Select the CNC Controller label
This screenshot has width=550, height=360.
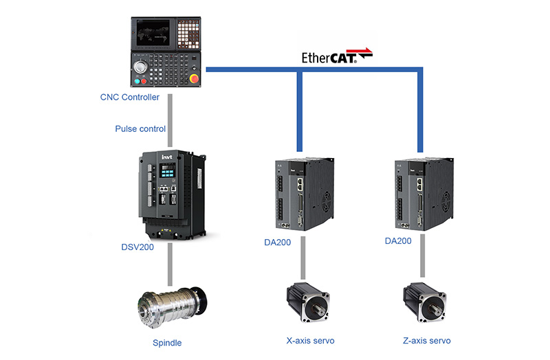pos(130,98)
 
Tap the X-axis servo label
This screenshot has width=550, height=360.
pos(310,341)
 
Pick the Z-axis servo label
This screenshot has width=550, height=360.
pos(427,341)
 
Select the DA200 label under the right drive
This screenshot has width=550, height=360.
pos(398,241)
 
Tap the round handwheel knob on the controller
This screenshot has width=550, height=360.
pos(140,69)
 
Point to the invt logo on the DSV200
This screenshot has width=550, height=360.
pos(167,157)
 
